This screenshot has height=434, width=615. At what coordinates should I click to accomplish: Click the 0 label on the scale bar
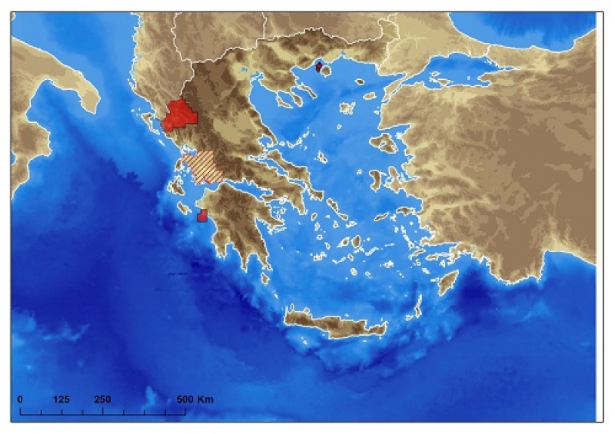(20, 399)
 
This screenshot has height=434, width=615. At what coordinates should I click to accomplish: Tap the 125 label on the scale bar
(61, 399)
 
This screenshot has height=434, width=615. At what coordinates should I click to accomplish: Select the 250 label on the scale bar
(102, 399)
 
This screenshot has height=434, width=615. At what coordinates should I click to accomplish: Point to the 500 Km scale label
(194, 399)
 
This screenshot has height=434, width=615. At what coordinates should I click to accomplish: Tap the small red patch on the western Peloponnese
(202, 215)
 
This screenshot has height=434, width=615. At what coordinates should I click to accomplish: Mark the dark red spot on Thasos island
(319, 67)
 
